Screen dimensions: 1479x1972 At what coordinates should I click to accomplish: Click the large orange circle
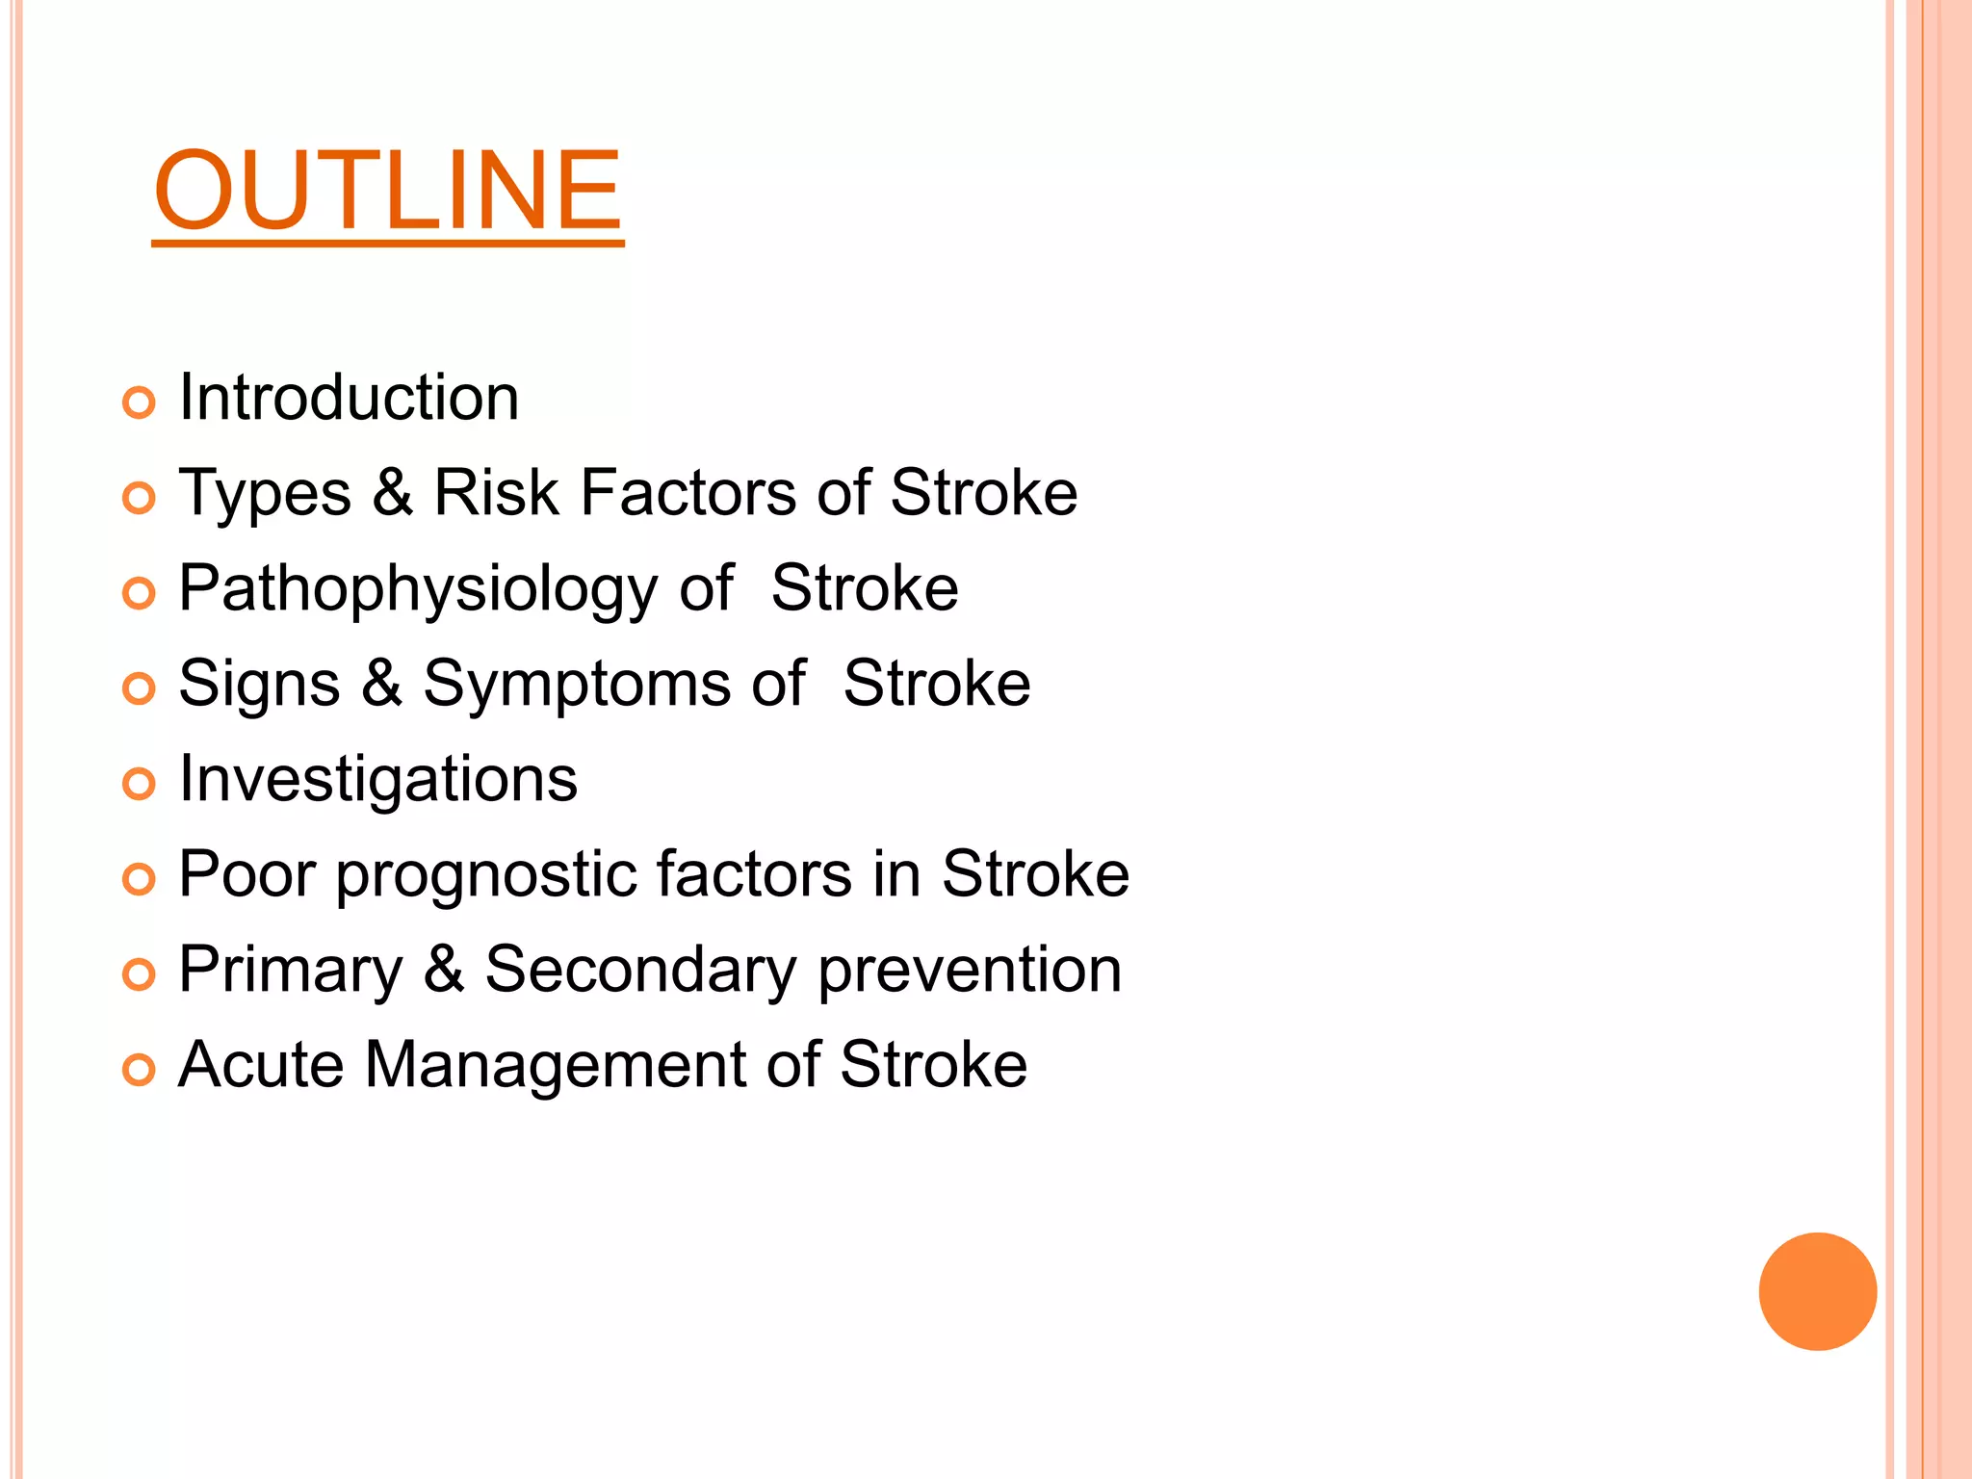click(x=1817, y=1291)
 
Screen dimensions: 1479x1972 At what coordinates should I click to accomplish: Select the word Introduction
click(x=350, y=398)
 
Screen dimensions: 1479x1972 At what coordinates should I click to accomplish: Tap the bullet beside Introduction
click(x=140, y=402)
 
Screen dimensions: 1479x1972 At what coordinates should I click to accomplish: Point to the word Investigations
click(x=378, y=779)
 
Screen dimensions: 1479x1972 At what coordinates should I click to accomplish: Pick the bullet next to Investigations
click(x=140, y=784)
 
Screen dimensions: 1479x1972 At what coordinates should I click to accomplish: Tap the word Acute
click(x=261, y=1065)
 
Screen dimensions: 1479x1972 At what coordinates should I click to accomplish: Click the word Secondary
click(x=640, y=971)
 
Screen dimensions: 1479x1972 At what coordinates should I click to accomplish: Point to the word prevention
click(x=971, y=971)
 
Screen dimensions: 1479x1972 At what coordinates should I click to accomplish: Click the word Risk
click(x=496, y=493)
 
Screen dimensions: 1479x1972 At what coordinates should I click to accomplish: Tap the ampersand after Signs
click(x=382, y=684)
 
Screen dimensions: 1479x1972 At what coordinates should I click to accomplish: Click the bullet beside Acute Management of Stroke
click(x=140, y=1070)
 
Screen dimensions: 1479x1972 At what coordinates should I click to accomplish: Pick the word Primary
click(x=291, y=971)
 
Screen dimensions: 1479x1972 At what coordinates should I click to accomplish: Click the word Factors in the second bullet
click(x=688, y=493)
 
